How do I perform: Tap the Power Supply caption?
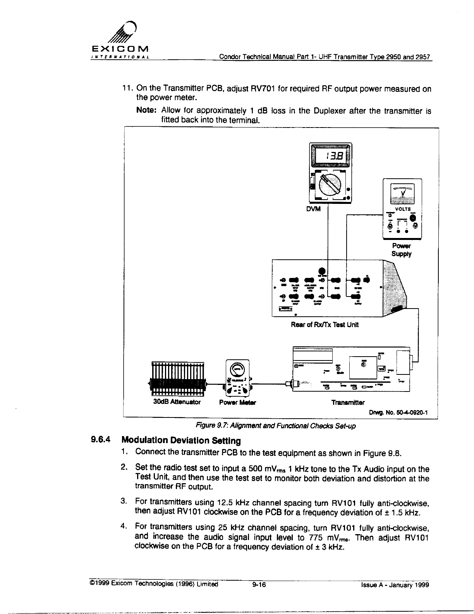tap(402, 250)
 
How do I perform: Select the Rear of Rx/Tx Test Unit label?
tap(325, 325)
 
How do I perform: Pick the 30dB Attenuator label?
tap(177, 402)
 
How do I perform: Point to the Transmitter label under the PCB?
tap(348, 402)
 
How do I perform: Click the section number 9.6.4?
tap(100, 440)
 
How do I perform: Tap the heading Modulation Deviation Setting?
tap(181, 441)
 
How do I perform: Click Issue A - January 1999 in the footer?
tap(395, 585)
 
